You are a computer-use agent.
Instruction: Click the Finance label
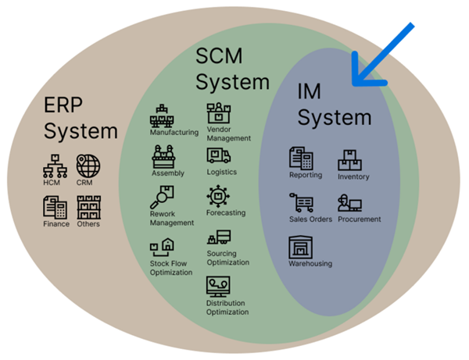point(55,224)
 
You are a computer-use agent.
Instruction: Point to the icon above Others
point(88,207)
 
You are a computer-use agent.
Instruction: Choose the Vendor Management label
point(229,134)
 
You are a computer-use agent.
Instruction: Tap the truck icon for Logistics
point(218,155)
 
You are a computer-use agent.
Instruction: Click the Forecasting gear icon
point(217,195)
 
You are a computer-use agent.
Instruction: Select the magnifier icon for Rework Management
point(163,197)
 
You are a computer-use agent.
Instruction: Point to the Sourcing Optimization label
point(227,258)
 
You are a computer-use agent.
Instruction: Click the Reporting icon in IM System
point(301,159)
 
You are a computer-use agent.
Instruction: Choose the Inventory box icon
point(349,161)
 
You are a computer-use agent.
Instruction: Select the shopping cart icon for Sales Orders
point(302,202)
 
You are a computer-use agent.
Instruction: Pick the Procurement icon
point(349,203)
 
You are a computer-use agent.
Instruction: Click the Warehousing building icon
point(301,248)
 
